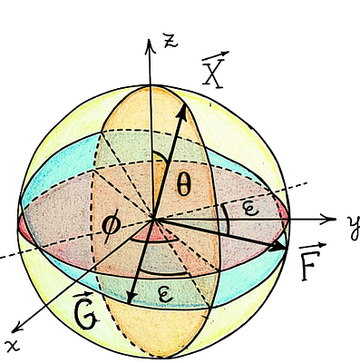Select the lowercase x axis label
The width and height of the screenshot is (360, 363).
[x=13, y=344]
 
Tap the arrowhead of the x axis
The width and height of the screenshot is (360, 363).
[x=20, y=325]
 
